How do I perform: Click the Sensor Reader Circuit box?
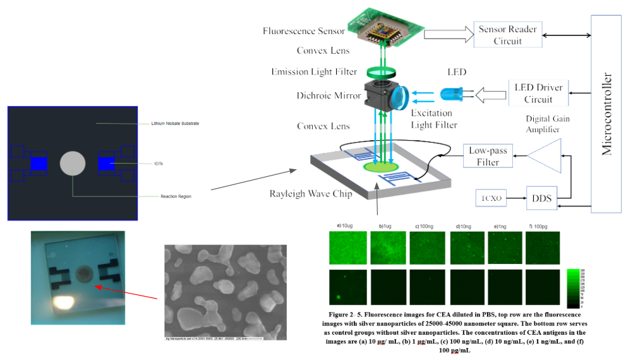click(509, 35)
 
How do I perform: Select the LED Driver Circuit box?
click(539, 93)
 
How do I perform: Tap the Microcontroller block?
click(606, 114)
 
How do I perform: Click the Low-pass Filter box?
click(488, 157)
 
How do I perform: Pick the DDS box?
click(543, 198)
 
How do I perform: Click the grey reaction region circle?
click(73, 164)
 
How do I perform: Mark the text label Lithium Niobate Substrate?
click(175, 123)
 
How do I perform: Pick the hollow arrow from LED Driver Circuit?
click(491, 95)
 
